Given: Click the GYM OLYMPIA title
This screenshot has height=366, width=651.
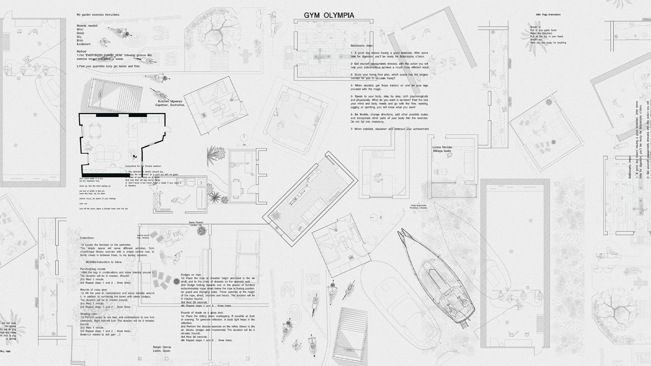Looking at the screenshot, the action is pos(329,15).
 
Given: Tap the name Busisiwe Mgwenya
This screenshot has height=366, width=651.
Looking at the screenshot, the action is pos(170,101).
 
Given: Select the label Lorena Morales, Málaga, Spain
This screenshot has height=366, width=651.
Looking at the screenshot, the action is pos(442,149).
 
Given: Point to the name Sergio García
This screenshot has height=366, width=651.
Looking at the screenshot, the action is pos(162,347).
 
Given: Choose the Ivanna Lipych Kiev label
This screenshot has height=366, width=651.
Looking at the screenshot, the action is pos(143,236).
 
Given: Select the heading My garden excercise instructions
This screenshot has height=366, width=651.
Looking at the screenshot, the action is pos(98,15).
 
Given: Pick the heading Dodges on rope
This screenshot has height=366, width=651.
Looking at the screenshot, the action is pos(191,274).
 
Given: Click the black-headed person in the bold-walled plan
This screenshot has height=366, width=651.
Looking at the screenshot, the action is pos(135,156).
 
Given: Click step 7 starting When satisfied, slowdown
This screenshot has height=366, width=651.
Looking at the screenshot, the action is pos(390,129).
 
